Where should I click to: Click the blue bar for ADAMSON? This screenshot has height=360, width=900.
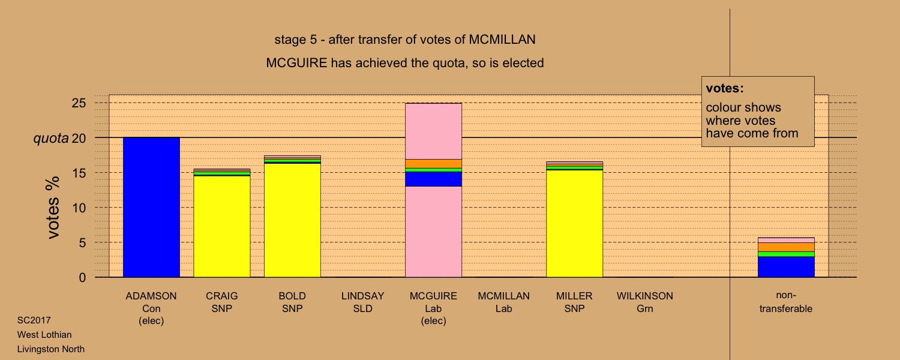(x=151, y=208)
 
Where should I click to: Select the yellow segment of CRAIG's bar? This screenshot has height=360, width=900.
(x=222, y=227)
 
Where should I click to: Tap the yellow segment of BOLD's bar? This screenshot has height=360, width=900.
(x=293, y=220)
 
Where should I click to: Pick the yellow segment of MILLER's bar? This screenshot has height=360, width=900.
(x=575, y=223)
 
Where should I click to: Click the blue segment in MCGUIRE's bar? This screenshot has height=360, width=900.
(x=434, y=179)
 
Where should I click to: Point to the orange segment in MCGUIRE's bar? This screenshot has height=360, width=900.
(x=434, y=164)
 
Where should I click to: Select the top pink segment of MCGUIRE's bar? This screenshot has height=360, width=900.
(x=434, y=131)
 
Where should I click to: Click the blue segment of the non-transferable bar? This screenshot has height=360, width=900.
(x=786, y=267)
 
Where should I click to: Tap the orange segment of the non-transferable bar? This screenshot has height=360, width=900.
(x=786, y=247)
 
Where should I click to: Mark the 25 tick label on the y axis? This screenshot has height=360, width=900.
(x=79, y=103)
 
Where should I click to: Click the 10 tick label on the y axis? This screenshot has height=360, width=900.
(x=79, y=208)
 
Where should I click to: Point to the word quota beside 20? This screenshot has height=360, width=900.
(x=51, y=139)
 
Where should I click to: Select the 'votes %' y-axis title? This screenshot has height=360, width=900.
(x=53, y=208)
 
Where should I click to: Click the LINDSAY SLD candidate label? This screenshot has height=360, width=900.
(x=363, y=302)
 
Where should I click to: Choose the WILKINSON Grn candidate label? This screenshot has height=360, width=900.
(x=645, y=302)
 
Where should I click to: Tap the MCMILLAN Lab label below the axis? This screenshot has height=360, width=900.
(x=504, y=302)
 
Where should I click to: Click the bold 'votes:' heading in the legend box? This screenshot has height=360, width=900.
(x=725, y=88)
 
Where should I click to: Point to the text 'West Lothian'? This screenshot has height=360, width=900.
(x=44, y=335)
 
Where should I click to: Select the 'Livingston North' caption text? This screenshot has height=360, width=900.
(x=50, y=349)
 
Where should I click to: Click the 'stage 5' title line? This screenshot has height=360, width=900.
(x=405, y=40)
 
